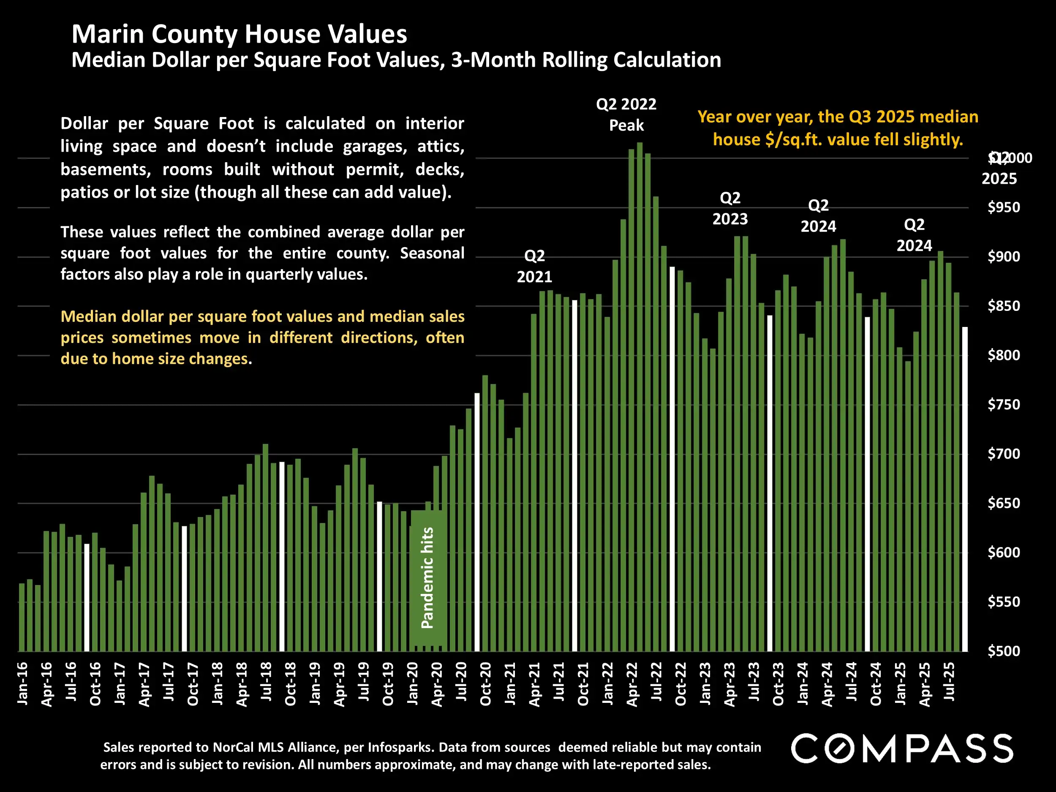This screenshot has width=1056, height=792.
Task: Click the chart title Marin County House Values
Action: (x=239, y=34)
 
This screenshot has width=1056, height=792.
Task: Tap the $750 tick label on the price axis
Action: (x=1004, y=405)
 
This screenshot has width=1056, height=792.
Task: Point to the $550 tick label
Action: (x=1004, y=602)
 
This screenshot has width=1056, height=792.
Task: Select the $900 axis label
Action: (x=1004, y=257)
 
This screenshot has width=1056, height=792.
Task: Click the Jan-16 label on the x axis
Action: (x=22, y=683)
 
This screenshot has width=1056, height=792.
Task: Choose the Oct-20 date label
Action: (x=485, y=683)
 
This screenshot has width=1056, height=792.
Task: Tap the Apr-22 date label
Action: (x=632, y=683)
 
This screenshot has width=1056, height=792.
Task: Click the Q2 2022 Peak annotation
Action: (x=626, y=114)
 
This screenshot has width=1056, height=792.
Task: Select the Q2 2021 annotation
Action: (x=534, y=267)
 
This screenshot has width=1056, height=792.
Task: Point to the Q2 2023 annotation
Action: (x=730, y=208)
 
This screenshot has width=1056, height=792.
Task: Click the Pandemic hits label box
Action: (x=428, y=578)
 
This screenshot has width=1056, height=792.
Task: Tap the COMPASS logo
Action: (x=902, y=748)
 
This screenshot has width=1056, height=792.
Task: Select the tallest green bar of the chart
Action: (x=640, y=396)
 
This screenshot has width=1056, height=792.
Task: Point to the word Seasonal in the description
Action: (x=432, y=253)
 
